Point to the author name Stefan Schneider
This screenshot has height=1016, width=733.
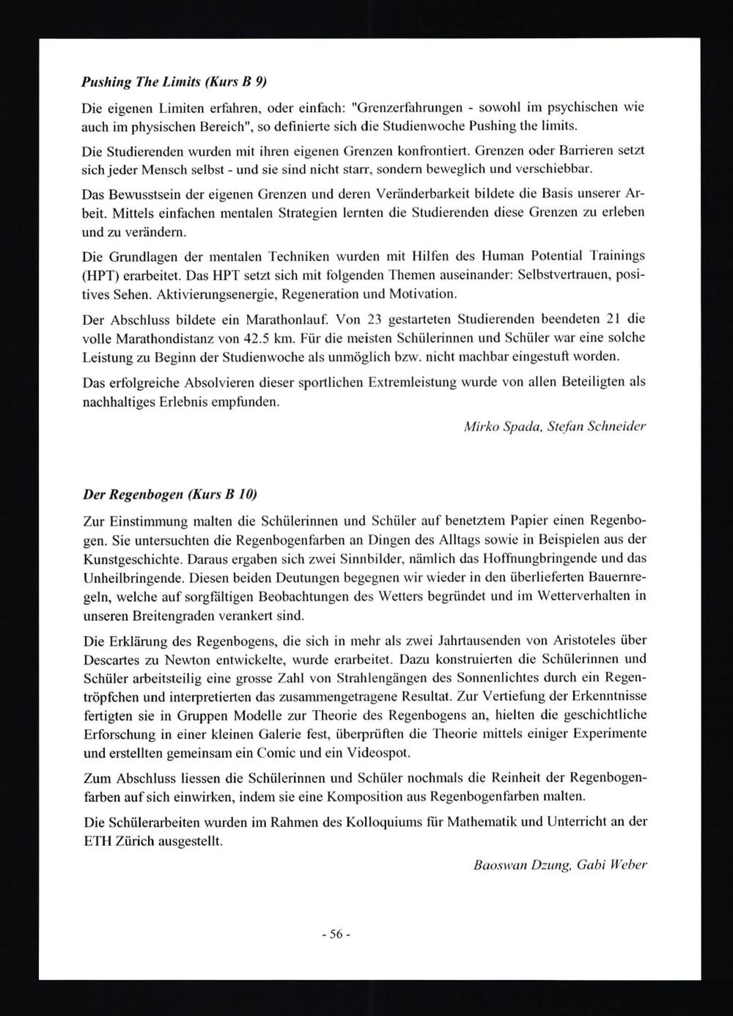tap(597, 426)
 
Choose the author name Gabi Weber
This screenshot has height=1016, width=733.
tap(612, 864)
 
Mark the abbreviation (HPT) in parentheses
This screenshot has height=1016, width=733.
tap(103, 275)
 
